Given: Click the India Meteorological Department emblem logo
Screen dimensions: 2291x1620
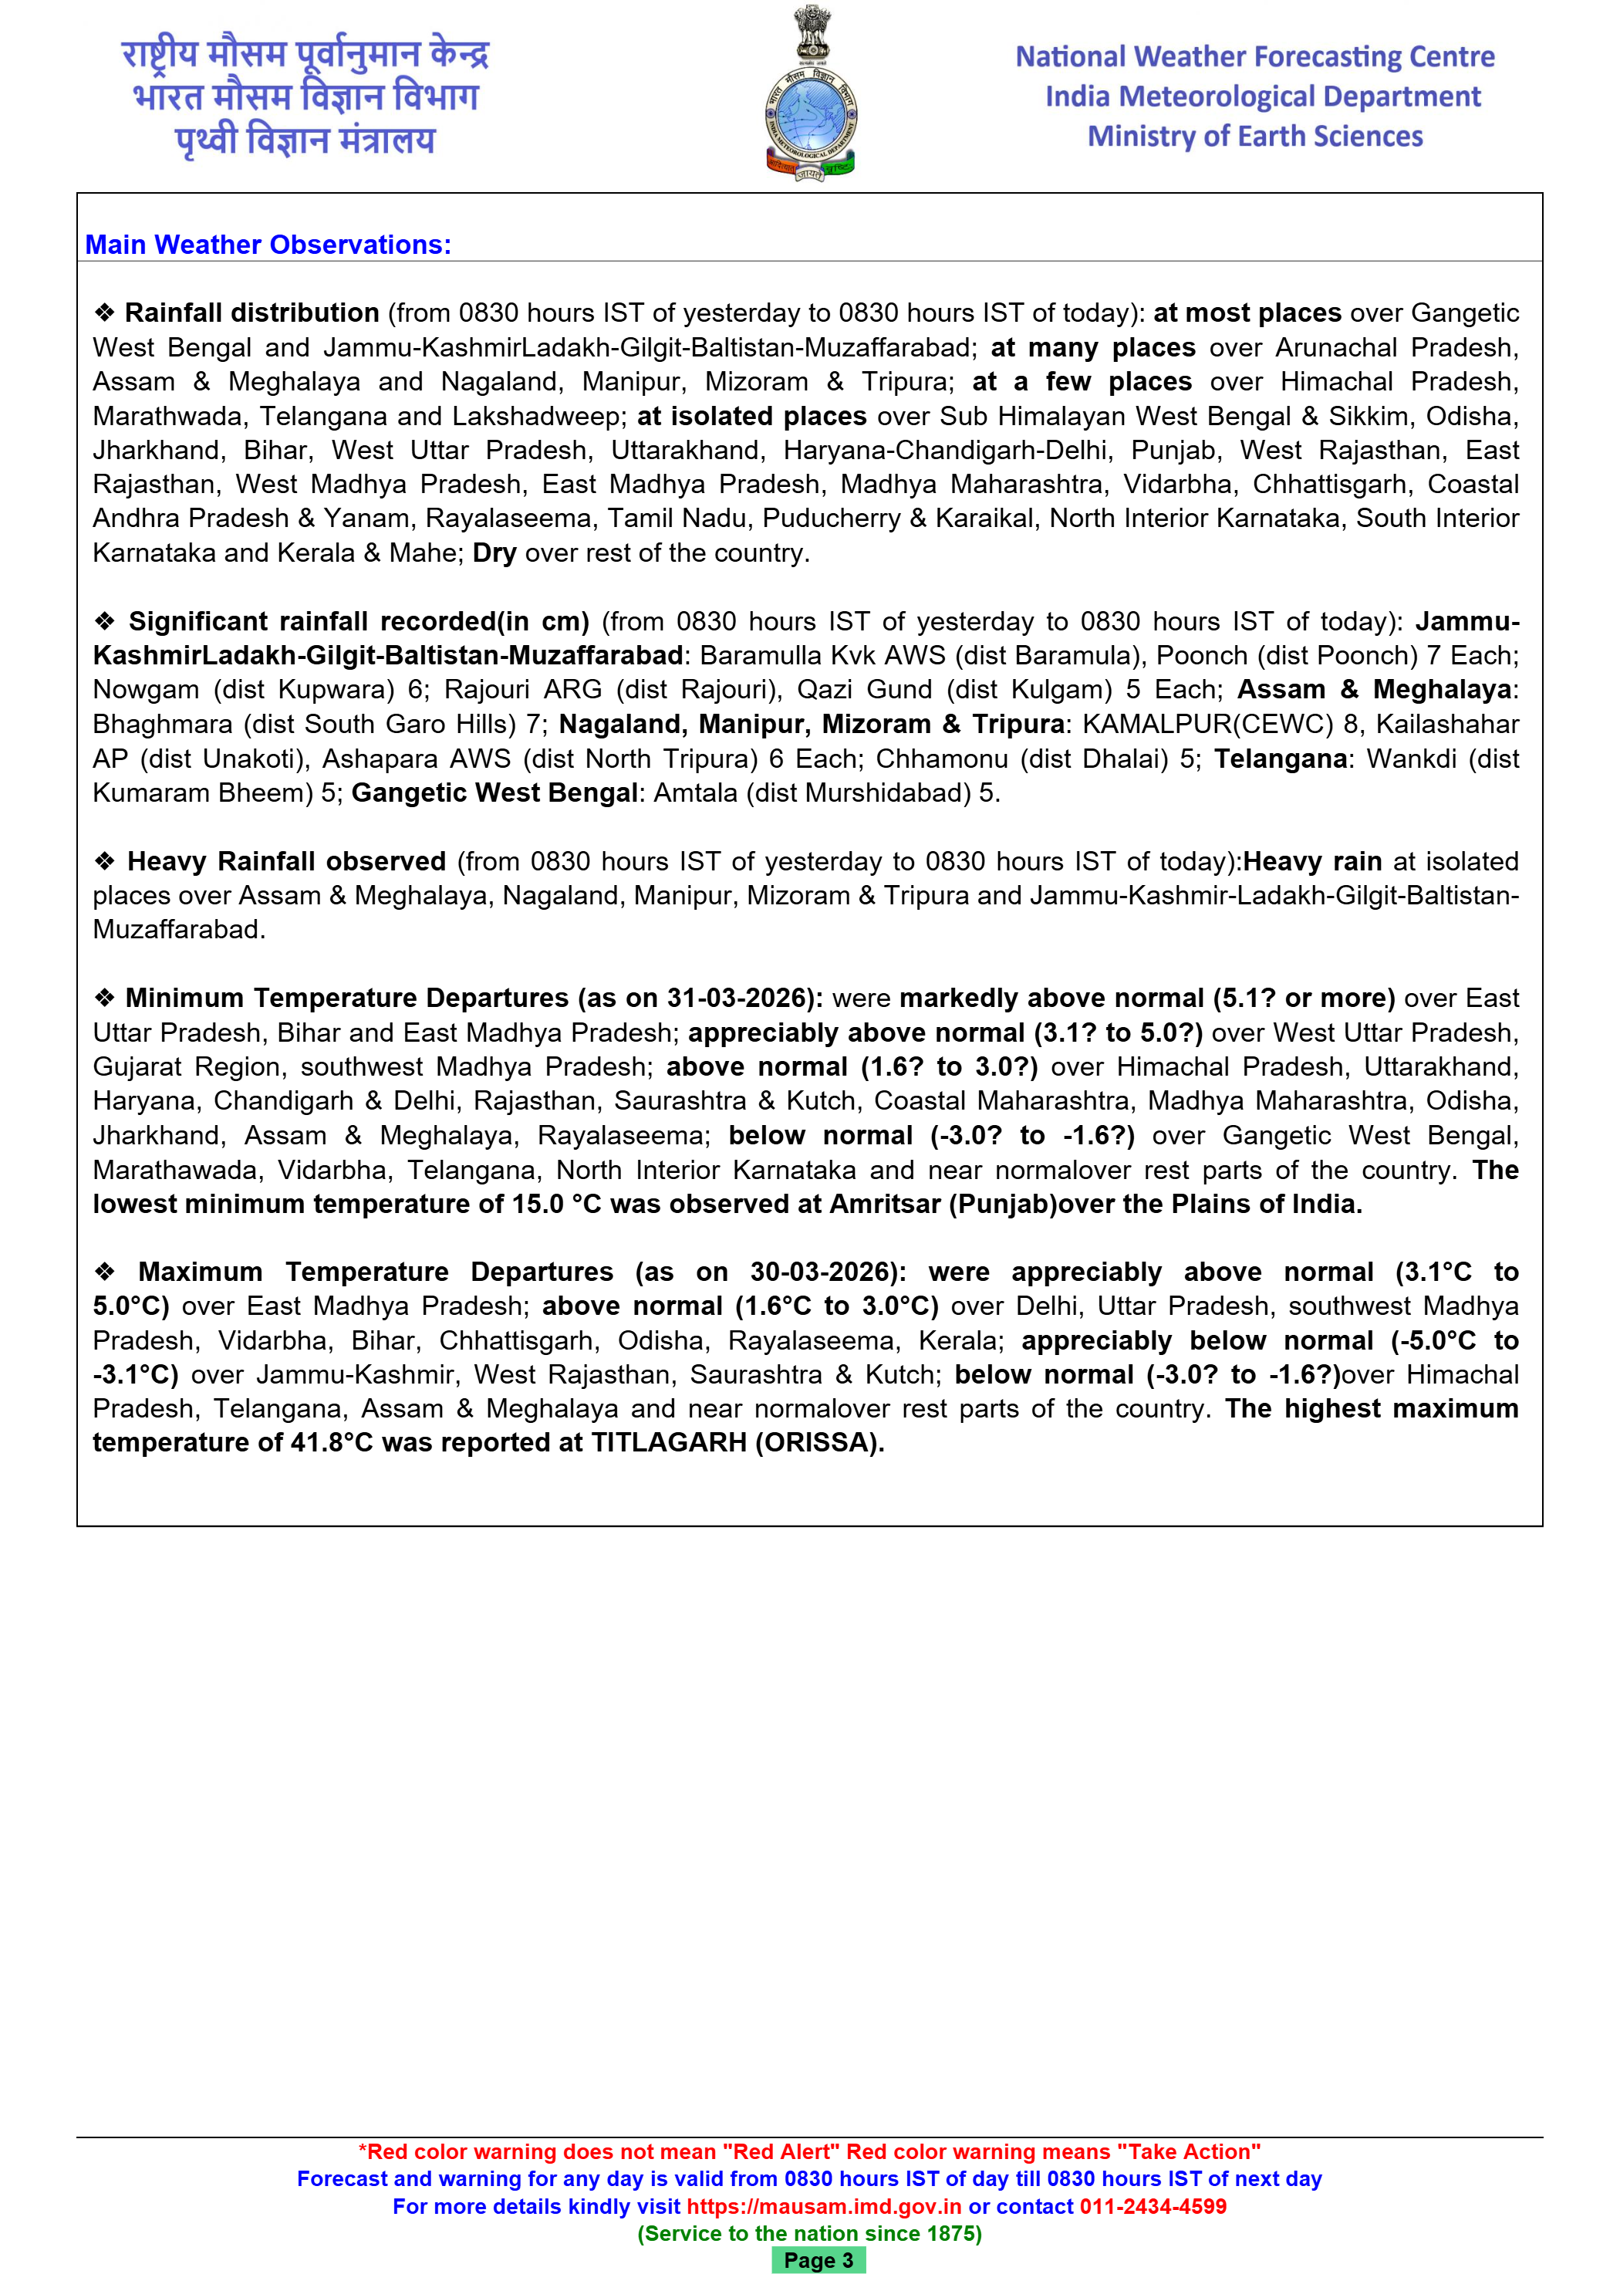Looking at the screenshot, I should (810, 95).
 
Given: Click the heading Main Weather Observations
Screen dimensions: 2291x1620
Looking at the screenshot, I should (268, 245).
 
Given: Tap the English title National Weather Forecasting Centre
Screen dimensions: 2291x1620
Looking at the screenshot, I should (1254, 57).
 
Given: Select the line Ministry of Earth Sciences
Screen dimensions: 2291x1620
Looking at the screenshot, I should (1254, 137).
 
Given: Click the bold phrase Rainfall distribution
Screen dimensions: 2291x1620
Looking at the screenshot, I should (251, 313).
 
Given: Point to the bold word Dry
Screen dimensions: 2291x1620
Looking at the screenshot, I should (494, 552).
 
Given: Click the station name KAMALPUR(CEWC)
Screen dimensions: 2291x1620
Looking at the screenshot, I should (1207, 725).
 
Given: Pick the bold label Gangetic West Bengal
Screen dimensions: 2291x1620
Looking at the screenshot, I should (494, 793).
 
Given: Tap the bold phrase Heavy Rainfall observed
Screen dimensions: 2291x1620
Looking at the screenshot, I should (286, 862).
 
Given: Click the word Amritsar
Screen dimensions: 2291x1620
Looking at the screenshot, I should (885, 1205).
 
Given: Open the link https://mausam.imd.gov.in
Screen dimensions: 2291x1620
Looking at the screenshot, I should (824, 2206).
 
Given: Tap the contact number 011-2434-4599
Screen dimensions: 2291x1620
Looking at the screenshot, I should (1153, 2206).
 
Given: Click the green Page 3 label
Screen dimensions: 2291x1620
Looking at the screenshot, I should (818, 2260).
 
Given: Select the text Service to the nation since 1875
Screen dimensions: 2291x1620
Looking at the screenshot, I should (809, 2233).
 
